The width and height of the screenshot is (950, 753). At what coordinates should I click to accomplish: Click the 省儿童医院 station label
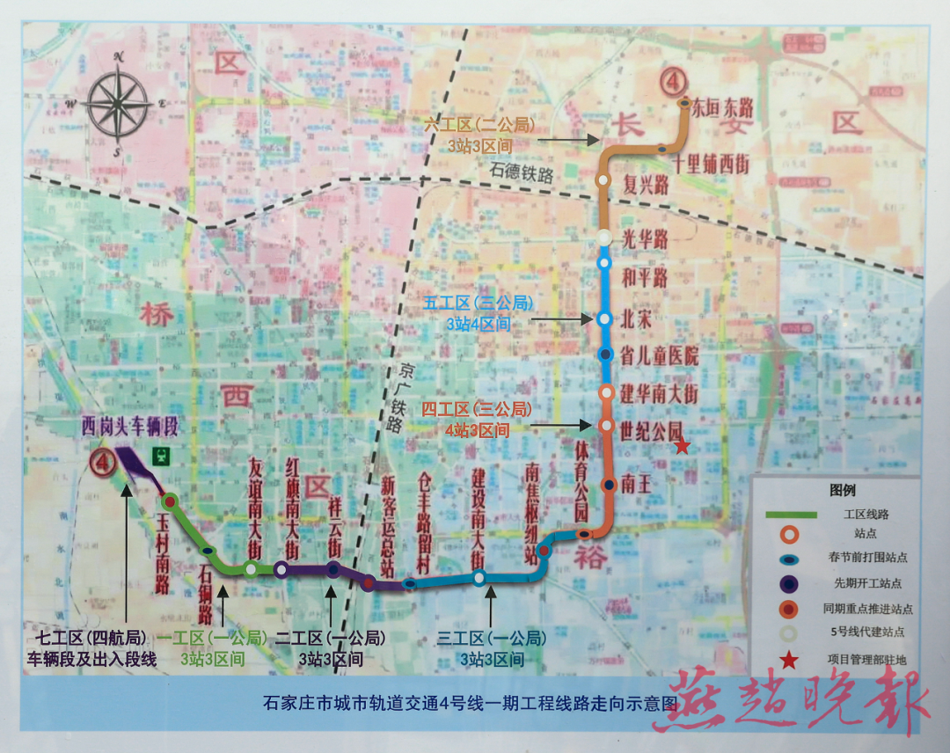point(659,356)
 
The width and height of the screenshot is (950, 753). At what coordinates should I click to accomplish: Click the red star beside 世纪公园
point(682,447)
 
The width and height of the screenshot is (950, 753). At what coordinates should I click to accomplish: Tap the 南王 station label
point(636,483)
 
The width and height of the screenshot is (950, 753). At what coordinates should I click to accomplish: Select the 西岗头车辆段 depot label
point(130,428)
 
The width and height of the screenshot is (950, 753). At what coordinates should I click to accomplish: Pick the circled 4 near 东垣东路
point(672,83)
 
